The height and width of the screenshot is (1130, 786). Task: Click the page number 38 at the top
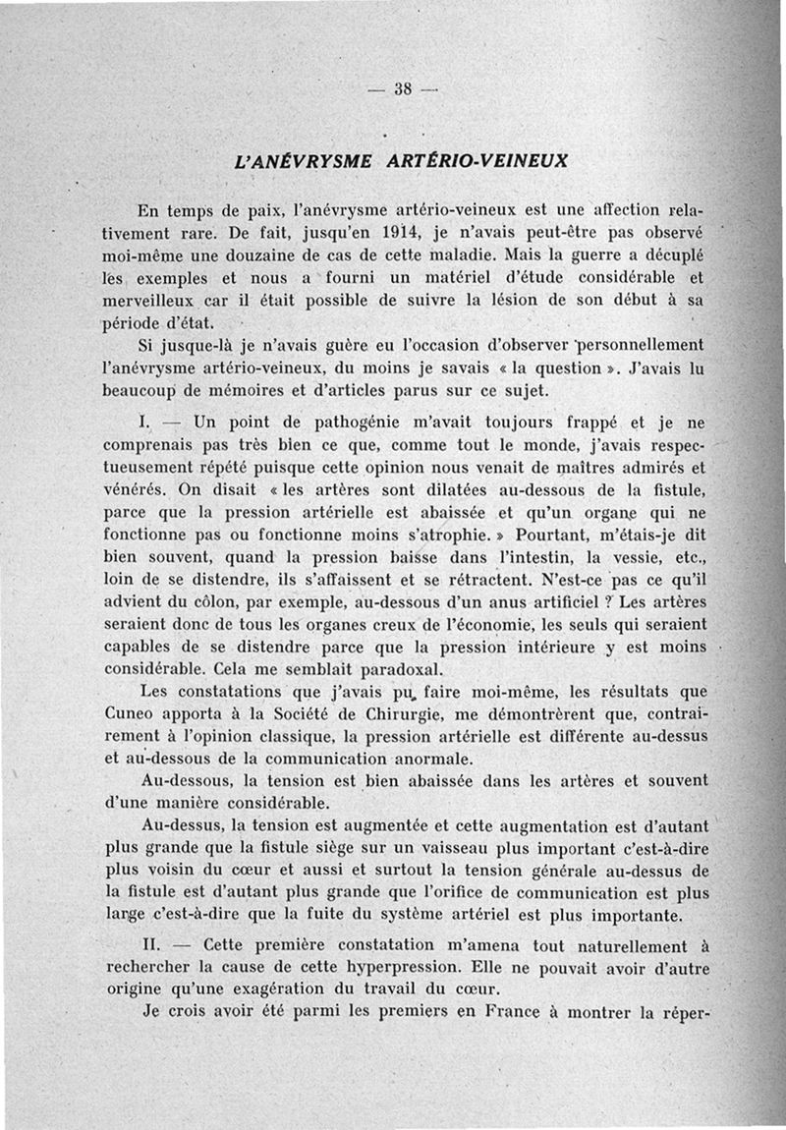[401, 87]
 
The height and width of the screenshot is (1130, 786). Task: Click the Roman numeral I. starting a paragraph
[146, 424]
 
